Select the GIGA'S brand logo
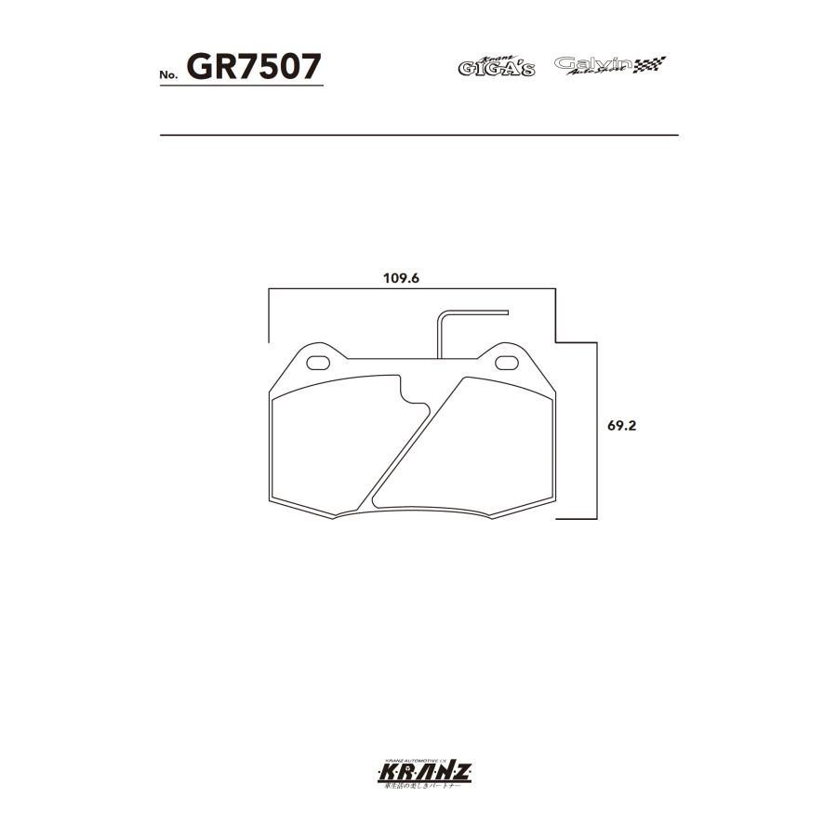click(x=496, y=67)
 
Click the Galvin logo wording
click(x=593, y=64)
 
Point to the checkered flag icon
click(x=650, y=64)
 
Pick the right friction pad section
click(x=474, y=446)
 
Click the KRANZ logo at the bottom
click(x=418, y=771)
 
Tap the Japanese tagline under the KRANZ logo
click(x=418, y=787)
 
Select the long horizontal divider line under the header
click(x=418, y=136)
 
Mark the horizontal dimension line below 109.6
click(x=409, y=290)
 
